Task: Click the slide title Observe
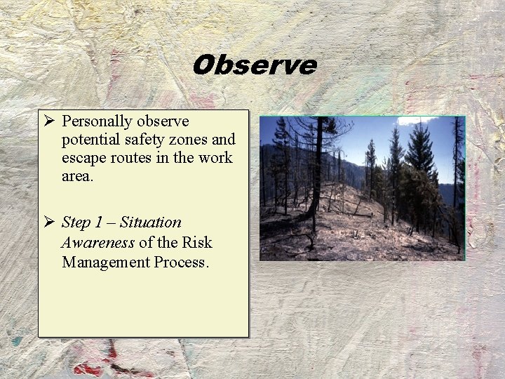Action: click(254, 65)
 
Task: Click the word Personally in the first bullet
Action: click(95, 121)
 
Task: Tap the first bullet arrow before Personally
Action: click(48, 122)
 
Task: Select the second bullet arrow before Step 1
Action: click(48, 222)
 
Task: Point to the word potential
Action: click(90, 139)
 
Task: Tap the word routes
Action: click(133, 157)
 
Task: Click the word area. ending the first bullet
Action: click(77, 175)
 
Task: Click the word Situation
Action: click(150, 222)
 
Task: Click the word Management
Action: click(106, 262)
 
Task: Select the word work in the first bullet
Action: click(216, 157)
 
